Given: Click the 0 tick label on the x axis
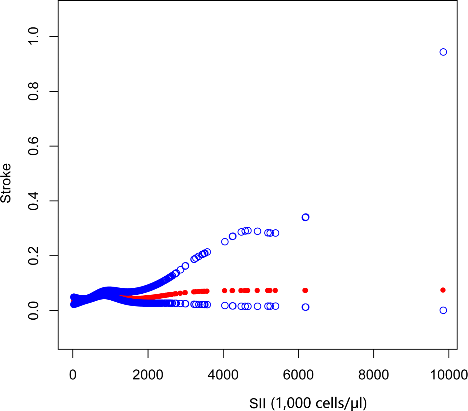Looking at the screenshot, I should [73, 375].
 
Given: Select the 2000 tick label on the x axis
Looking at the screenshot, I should [148, 375].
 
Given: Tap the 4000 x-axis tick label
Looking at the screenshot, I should [223, 375].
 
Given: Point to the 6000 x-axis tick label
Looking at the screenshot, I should [298, 375].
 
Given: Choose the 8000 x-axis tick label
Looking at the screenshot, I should [373, 375].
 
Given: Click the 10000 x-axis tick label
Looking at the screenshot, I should [449, 375].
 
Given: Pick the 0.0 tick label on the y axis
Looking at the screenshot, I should [33, 311].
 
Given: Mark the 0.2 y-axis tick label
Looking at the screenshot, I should [33, 256].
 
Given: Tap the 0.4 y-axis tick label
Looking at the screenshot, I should [33, 201].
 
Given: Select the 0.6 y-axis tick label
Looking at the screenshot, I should [33, 146].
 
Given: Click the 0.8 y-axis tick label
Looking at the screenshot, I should [33, 91].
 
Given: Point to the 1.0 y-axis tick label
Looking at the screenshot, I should [33, 36].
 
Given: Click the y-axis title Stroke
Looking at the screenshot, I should [6, 183].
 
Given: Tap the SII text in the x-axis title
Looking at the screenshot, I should [257, 403].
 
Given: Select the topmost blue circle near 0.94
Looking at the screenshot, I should [443, 52].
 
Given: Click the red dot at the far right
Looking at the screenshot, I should [443, 290].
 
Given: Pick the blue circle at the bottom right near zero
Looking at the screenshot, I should [443, 310].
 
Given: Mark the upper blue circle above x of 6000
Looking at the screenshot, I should [305, 217].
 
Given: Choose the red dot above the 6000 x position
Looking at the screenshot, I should [305, 291].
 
